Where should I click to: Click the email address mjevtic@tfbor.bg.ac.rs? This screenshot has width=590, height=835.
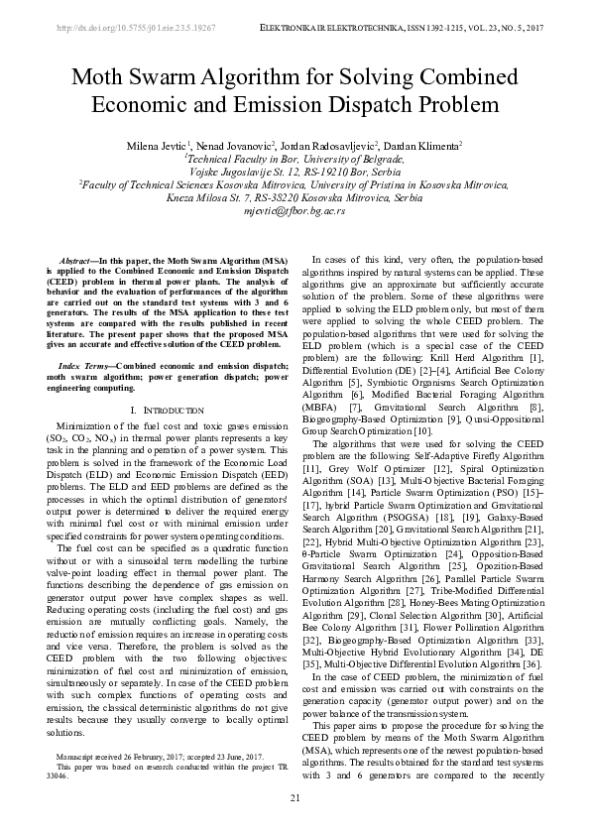tap(295, 211)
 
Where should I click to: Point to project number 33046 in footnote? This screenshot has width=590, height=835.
tap(61, 775)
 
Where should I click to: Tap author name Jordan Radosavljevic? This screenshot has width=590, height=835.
tap(320, 145)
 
